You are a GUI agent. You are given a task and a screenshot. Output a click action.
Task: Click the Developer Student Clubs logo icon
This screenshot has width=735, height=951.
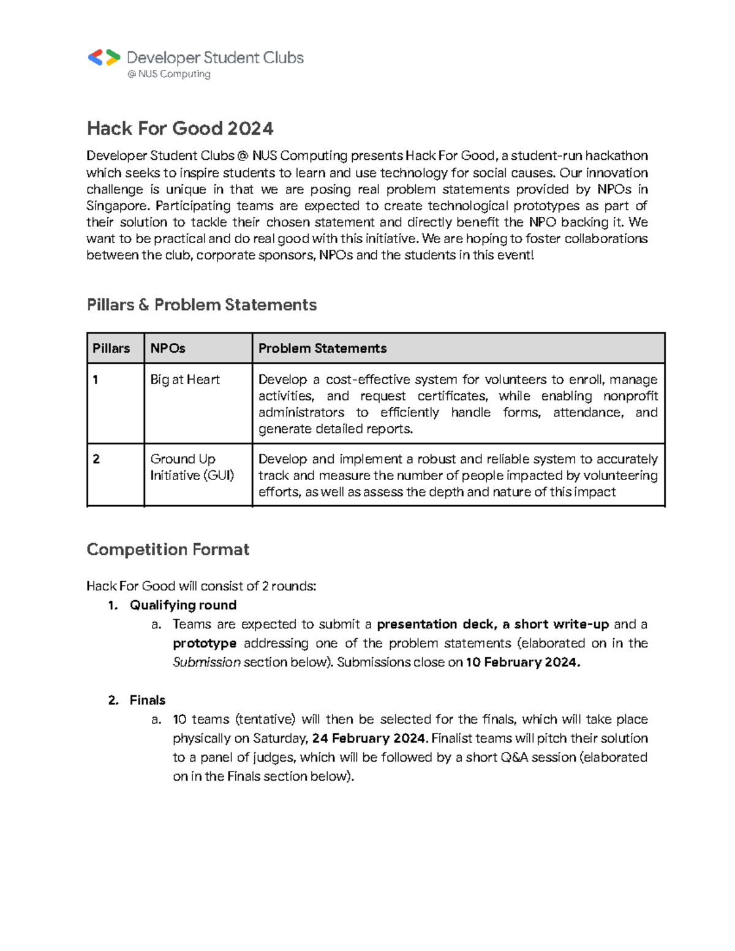click(104, 58)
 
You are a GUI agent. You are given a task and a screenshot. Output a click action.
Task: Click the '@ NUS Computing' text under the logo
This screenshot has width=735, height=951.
click(169, 74)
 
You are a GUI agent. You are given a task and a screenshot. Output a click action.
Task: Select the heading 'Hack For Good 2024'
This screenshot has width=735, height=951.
click(180, 129)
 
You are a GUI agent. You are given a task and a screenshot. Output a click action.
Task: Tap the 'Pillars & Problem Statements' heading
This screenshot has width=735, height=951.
click(202, 305)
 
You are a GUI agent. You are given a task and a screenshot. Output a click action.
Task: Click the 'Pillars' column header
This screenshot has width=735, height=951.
click(111, 348)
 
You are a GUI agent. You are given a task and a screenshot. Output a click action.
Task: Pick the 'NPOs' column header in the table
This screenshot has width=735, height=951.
click(168, 348)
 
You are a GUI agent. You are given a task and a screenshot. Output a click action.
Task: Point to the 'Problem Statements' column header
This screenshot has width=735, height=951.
click(322, 348)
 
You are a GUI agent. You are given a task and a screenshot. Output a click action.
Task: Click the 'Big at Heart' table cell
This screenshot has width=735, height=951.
click(185, 380)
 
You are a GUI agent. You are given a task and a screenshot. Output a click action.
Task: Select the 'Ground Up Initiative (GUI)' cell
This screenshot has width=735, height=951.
click(192, 467)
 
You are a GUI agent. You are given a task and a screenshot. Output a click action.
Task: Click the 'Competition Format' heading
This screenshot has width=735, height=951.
click(168, 549)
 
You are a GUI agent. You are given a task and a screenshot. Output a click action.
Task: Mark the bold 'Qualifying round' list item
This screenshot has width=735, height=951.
click(183, 605)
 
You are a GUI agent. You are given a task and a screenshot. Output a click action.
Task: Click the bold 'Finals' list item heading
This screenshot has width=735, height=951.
click(148, 700)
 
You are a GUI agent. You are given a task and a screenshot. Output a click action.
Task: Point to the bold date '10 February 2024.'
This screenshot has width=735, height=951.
click(522, 662)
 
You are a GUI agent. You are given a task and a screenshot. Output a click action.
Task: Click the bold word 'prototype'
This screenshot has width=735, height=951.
click(205, 643)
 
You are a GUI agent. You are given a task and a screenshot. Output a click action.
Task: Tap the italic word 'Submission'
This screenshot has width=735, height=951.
click(206, 662)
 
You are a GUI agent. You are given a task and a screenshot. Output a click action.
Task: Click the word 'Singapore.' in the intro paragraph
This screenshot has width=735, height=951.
click(118, 206)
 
